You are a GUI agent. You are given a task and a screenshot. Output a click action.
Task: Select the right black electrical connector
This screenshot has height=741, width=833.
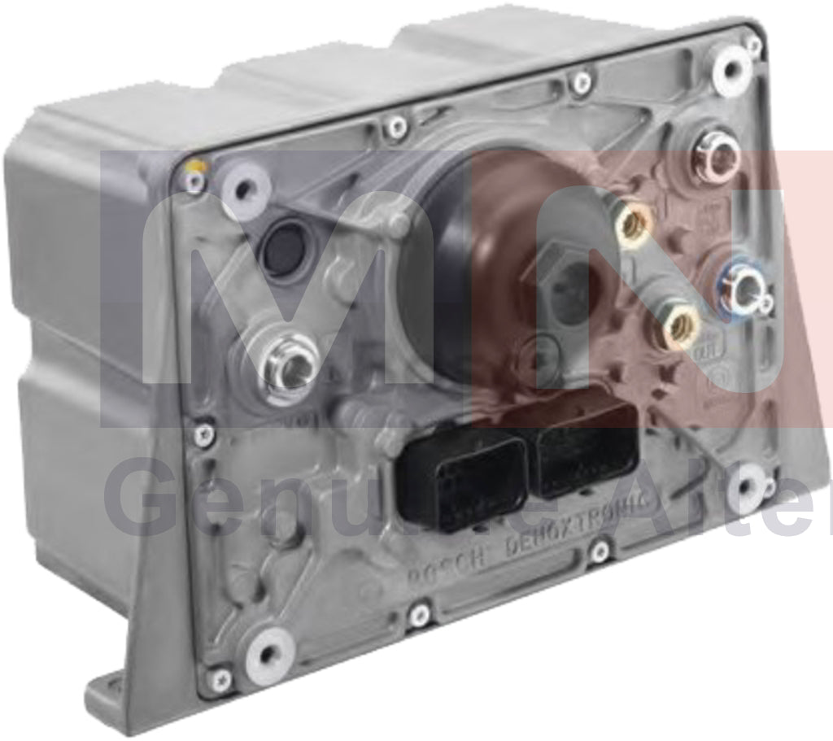pos(587,450)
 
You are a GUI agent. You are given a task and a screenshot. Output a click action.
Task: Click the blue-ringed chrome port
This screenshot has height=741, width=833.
pos(743,290)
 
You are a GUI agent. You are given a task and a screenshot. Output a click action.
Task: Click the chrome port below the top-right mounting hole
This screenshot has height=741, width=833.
pos(717,158)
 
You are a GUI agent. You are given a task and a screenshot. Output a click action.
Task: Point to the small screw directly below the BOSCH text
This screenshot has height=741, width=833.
pos(419,615)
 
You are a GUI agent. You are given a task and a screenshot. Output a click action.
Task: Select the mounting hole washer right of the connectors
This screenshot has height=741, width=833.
pos(746,488)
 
